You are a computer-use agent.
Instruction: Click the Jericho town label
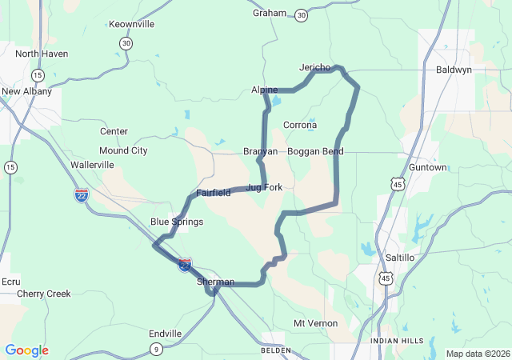coord(314,67)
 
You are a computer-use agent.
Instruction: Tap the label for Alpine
coord(264,90)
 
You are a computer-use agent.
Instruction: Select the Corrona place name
coord(300,125)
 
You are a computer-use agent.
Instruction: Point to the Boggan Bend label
coord(315,151)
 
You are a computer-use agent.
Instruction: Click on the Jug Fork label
coord(264,187)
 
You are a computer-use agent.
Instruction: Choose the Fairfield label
coord(214,193)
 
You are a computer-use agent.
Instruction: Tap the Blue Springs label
coord(177,222)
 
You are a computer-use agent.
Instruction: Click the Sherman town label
coord(216,282)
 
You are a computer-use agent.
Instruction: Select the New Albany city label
coord(26,91)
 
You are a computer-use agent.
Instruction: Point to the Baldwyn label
coord(454,70)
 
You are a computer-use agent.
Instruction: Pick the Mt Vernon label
coord(315,323)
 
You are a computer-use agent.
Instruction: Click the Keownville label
coord(131,24)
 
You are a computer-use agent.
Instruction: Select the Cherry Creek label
coord(44,294)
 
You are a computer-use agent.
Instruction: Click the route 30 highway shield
coord(301,15)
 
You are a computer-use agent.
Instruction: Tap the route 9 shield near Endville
coord(157,348)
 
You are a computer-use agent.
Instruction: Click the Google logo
coord(26,350)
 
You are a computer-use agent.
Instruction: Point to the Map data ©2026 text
coord(477,354)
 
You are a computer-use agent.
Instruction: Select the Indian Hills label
coord(397,341)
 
